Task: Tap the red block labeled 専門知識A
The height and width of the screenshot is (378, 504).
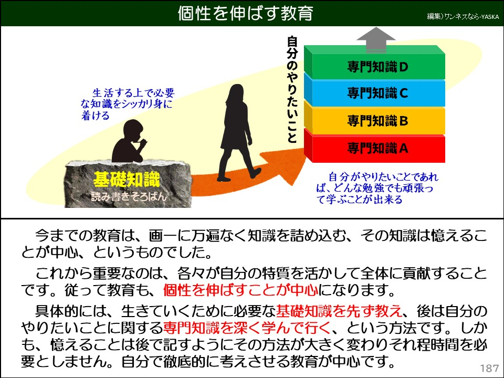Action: pos(377,149)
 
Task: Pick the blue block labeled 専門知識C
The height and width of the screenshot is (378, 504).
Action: pos(377,93)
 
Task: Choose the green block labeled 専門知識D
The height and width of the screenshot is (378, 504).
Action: pos(377,67)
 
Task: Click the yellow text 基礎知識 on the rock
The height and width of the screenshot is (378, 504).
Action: pos(126,180)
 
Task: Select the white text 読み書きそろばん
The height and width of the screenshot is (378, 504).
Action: pos(126,197)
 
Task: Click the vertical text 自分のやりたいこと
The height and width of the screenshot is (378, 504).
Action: pos(292,89)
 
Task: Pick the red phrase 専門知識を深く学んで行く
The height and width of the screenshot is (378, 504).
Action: pos(247,329)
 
